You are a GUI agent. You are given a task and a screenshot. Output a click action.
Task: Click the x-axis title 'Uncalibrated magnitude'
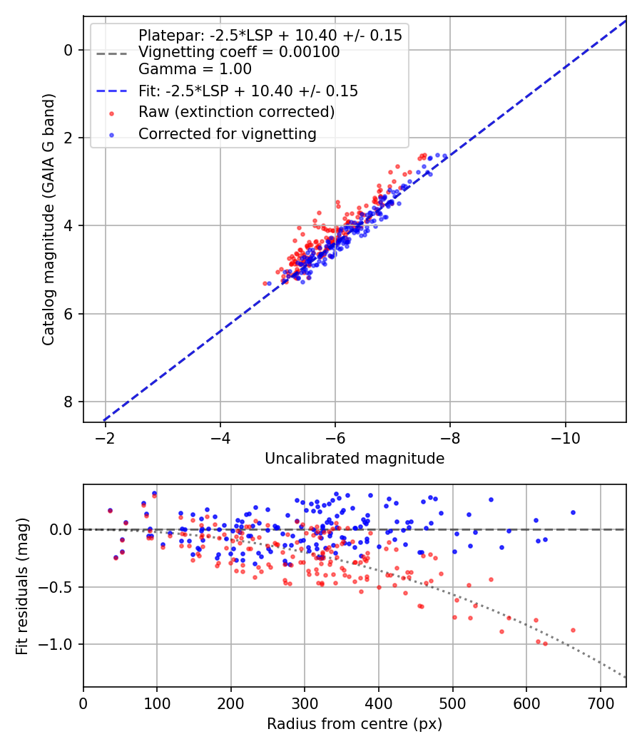[355, 459]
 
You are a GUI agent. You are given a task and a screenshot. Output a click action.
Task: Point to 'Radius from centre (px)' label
[355, 724]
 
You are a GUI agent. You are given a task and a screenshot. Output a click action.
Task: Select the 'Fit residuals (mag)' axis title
[22, 586]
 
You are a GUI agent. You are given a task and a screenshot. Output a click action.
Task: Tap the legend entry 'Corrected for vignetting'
[228, 133]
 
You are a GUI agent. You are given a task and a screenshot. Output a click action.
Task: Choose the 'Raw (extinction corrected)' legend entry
[236, 112]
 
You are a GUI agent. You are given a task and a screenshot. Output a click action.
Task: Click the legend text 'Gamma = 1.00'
[195, 69]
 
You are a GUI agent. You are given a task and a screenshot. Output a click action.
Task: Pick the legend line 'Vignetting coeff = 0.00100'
[239, 52]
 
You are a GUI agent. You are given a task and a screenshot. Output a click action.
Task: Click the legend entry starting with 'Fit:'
[248, 91]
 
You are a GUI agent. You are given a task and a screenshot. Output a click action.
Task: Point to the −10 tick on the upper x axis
[566, 436]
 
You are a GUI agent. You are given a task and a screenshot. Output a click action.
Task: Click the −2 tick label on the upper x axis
[106, 436]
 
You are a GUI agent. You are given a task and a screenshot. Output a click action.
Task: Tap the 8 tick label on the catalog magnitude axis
[68, 402]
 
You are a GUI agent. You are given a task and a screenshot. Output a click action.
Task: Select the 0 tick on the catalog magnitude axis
[68, 50]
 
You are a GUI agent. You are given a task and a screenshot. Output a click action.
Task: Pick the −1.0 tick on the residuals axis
[60, 645]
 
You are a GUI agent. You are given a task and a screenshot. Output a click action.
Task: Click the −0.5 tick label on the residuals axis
[60, 587]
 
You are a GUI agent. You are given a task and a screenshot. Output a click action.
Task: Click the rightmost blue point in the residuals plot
[573, 512]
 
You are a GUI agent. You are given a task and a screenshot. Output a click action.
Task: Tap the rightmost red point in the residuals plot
[573, 630]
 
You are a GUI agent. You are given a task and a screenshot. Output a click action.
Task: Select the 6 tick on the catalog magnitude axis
[68, 314]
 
